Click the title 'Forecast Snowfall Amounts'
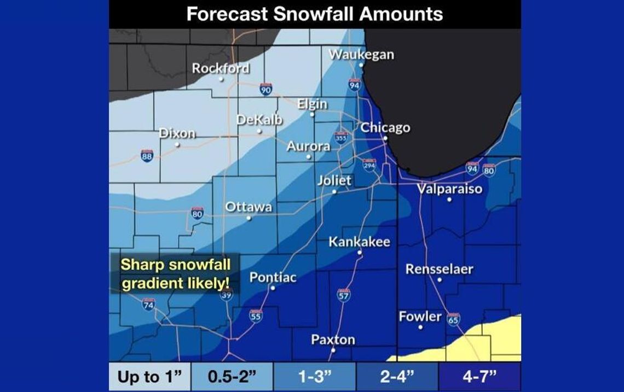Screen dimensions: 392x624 click(315, 14)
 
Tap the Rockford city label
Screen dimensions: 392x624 click(221, 68)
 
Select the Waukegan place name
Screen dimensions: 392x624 click(361, 55)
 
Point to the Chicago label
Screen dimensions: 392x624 click(385, 128)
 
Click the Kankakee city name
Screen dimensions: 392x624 click(359, 242)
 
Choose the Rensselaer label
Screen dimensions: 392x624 click(439, 269)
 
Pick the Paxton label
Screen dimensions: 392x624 click(333, 340)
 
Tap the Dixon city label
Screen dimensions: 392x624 click(177, 133)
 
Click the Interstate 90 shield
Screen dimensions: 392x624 click(266, 89)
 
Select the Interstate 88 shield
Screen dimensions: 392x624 click(147, 156)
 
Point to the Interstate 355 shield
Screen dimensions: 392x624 click(341, 137)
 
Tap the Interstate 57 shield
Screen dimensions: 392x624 click(343, 295)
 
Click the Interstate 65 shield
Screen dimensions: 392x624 click(453, 319)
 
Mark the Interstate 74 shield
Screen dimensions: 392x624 click(148, 304)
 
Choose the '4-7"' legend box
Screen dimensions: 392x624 click(479, 377)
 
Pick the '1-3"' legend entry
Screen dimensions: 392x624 click(315, 377)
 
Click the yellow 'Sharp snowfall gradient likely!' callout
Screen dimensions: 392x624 click(175, 274)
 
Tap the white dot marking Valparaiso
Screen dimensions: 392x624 click(449, 200)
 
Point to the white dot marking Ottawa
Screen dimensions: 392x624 click(249, 218)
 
